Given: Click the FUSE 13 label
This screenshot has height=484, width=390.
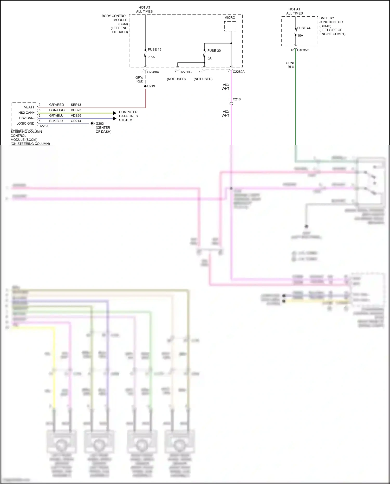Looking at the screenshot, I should (154, 49).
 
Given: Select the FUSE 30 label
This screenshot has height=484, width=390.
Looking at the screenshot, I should (214, 51).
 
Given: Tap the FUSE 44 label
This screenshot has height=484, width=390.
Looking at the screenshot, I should (304, 28).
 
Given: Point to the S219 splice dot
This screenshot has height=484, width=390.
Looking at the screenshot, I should (145, 86).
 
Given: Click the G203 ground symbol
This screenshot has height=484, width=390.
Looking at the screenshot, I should (92, 124).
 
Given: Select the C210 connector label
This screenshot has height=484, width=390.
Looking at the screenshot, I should (237, 99).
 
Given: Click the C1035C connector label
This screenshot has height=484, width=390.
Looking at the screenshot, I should (303, 50).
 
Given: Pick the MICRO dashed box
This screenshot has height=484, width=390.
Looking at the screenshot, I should (230, 26).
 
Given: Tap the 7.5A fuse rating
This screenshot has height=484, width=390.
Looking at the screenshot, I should (151, 57).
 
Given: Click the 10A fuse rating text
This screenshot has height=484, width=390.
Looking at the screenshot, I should (300, 36).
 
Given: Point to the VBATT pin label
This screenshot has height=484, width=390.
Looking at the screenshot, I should (29, 107).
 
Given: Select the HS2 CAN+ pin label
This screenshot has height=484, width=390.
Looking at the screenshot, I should (26, 113).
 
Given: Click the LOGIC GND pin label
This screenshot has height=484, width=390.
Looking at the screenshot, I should (25, 124).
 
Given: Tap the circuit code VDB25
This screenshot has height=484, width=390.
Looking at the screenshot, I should (76, 110).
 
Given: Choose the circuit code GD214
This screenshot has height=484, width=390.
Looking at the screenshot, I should (76, 121).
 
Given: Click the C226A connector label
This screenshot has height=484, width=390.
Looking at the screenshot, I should (43, 126).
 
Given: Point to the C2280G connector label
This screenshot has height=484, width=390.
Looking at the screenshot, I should (185, 72).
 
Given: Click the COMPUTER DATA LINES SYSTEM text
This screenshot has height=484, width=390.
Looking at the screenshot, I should (128, 116).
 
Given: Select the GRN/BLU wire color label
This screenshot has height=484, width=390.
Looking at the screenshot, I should (290, 65).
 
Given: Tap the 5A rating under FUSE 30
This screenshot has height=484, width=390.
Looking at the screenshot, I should (209, 58).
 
